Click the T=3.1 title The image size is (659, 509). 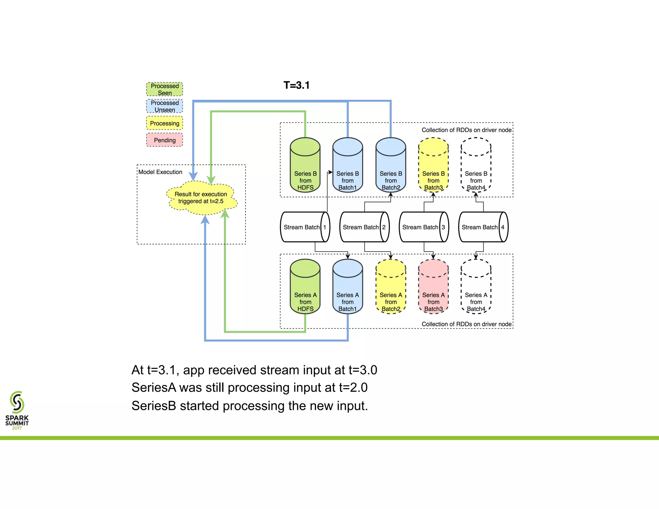coord(296,85)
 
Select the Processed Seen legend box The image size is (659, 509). coord(164,89)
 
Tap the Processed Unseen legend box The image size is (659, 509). coord(164,106)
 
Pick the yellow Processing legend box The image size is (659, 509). coord(164,123)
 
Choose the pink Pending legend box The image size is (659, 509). coord(164,140)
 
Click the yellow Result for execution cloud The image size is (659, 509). coord(201,198)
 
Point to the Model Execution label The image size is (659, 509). coord(160,172)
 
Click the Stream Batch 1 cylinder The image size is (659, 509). coord(304,227)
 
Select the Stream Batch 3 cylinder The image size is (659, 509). coord(423,227)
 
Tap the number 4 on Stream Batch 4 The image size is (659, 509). coord(503,227)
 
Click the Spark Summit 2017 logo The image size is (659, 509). coord(17,410)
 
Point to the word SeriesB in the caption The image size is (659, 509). coord(154,406)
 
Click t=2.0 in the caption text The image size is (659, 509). coord(353,388)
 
